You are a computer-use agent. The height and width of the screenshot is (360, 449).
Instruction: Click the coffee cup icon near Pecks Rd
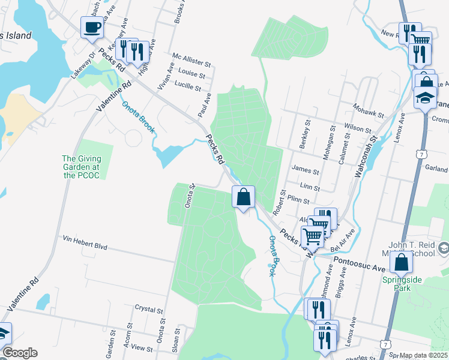(x=92, y=28)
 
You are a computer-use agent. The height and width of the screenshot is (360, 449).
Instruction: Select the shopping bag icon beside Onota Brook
(x=243, y=197)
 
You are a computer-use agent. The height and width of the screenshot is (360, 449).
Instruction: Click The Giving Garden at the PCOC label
(x=81, y=167)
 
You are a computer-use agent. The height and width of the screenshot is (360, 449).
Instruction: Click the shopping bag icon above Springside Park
(x=402, y=262)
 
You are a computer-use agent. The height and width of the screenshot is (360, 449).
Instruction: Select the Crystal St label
(x=149, y=310)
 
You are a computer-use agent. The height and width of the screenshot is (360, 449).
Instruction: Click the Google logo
(x=20, y=353)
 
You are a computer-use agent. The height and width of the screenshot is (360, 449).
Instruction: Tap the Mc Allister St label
(x=192, y=63)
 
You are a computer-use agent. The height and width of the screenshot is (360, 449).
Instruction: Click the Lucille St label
(x=187, y=87)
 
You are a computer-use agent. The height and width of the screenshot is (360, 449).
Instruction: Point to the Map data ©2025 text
(x=423, y=355)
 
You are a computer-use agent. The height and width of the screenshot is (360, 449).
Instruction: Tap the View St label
(x=142, y=347)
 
